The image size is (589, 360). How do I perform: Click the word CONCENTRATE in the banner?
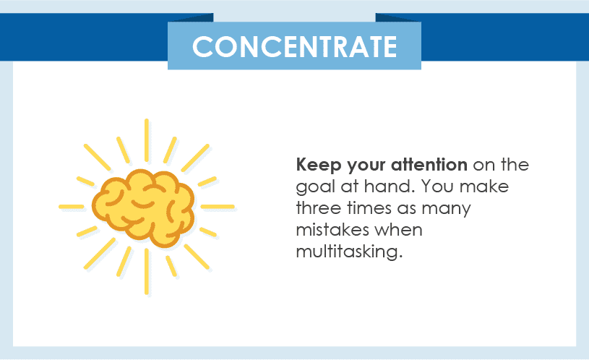tap(295, 46)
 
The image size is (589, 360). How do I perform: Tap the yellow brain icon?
tap(143, 207)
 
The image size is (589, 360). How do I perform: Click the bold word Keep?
tap(318, 166)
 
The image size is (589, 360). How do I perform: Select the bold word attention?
tap(429, 165)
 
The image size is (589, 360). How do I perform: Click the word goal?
tap(315, 187)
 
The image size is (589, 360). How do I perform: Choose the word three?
tap(319, 207)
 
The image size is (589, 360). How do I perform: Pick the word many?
tap(446, 210)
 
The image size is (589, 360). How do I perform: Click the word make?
tap(483, 186)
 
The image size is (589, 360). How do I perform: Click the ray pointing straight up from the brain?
tap(147, 140)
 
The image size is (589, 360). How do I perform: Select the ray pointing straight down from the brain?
tap(147, 271)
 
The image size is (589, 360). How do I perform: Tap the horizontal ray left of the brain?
tap(72, 207)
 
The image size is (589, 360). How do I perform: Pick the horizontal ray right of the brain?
tap(218, 207)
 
